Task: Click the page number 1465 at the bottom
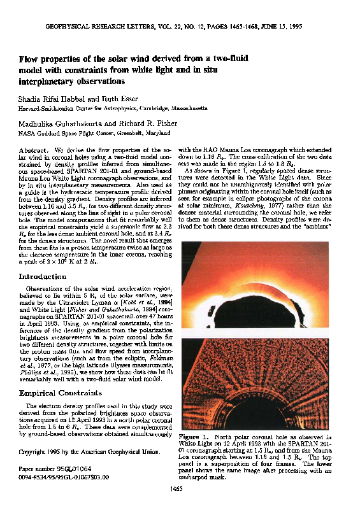click(177, 506)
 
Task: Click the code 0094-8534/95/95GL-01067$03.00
click(64, 475)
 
